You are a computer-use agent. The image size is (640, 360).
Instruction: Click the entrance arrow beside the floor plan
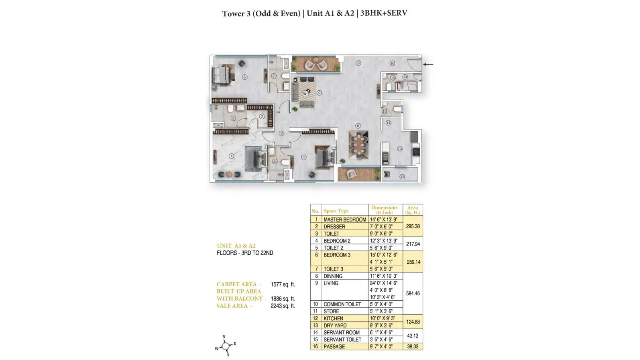pos(428,64)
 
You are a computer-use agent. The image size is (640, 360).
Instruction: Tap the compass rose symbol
pos(226,346)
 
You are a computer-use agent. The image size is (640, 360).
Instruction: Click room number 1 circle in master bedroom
pos(231,156)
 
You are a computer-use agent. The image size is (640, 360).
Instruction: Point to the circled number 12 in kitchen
pos(400,149)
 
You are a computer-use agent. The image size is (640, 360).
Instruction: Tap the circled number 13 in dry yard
pos(402,177)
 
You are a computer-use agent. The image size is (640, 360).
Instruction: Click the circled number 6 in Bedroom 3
pos(245,77)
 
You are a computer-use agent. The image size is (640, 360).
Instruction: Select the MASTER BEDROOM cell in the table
pos(345,220)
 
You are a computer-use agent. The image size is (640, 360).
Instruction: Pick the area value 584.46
pos(413,294)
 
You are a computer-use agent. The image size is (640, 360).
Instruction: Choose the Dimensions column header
pos(384,210)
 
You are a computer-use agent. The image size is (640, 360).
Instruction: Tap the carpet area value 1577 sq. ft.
pos(283,284)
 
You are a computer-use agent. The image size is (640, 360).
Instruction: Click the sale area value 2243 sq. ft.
pos(283,306)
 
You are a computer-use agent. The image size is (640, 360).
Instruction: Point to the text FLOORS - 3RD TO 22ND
pos(245,253)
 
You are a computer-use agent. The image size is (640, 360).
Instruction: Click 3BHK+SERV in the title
pos(384,13)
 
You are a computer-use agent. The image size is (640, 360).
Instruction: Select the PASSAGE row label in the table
pos(334,347)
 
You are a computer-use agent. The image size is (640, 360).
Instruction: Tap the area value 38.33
pos(413,347)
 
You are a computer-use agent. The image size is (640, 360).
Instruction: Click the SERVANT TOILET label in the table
pos(342,340)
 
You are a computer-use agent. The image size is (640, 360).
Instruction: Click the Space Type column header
pos(336,211)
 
